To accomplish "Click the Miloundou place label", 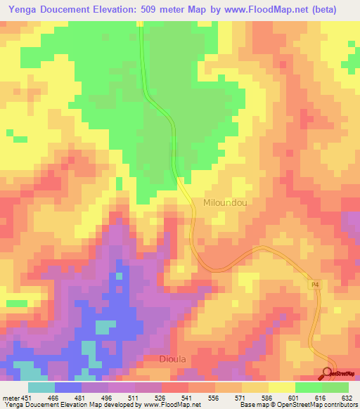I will (x=225, y=202).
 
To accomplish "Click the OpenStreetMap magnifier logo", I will (x=328, y=373).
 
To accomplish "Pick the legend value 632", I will (x=348, y=397).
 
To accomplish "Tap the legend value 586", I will (x=268, y=397).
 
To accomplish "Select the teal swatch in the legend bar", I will (x=41, y=387).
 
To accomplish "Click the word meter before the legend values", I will (x=9, y=397).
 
